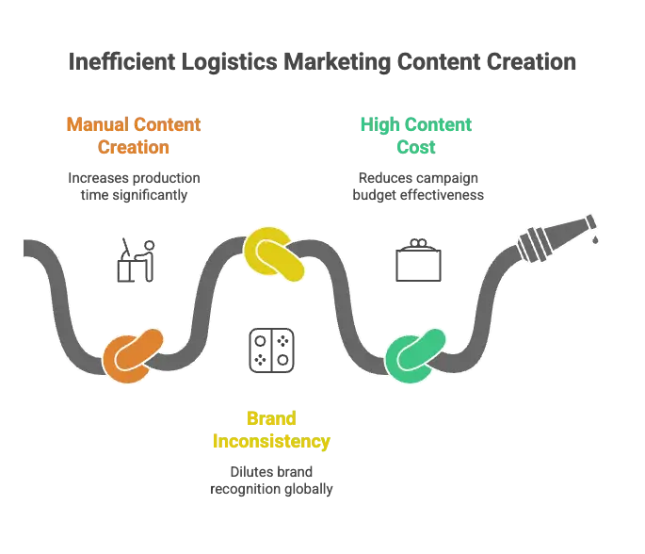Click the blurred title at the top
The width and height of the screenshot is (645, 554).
[322, 62]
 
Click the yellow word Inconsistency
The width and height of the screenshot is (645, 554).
[271, 440]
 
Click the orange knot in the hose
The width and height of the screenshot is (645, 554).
[133, 355]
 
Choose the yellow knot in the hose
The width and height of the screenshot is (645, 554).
[273, 253]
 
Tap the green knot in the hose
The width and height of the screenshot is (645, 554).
[413, 357]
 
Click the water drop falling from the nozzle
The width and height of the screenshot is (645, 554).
[596, 241]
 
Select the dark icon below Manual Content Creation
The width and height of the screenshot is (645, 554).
[135, 257]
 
